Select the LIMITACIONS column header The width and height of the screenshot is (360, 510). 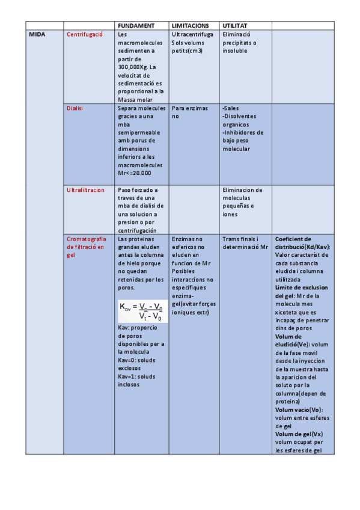[190, 26]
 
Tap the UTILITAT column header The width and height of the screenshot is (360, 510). [236, 26]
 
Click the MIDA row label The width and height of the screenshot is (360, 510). [37, 35]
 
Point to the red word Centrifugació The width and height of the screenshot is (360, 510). [85, 35]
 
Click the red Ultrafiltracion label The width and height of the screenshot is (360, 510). [85, 190]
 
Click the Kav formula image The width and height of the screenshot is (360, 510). [142, 311]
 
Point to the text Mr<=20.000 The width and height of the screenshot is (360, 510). [135, 173]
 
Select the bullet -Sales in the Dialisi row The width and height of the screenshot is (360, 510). [231, 108]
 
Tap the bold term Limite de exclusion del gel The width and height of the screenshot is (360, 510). [301, 292]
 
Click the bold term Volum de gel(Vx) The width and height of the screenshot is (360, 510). [299, 434]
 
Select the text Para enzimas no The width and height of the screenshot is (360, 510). [189, 112]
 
